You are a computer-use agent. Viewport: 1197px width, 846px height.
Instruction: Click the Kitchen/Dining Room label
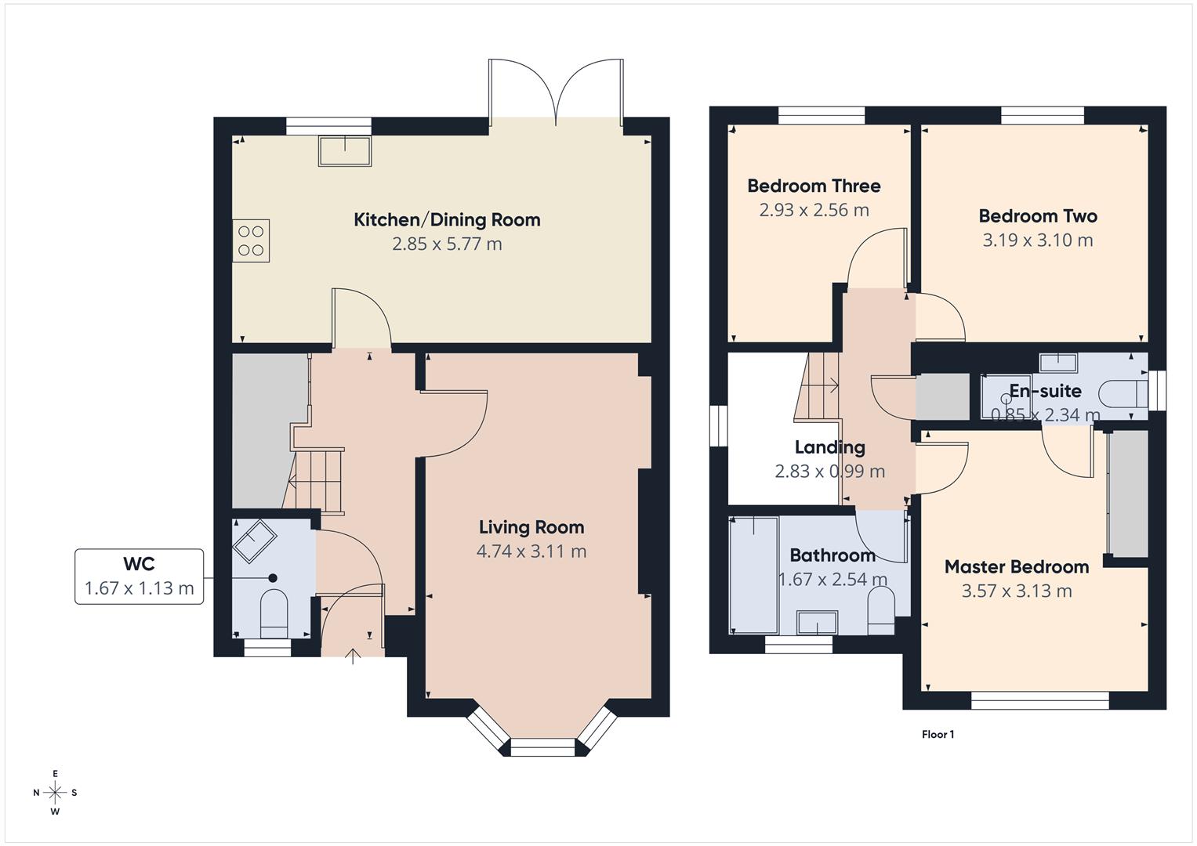coord(447,220)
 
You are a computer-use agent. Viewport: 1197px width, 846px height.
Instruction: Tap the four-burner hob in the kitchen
coord(251,240)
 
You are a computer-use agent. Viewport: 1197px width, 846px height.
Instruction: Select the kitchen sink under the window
coord(345,150)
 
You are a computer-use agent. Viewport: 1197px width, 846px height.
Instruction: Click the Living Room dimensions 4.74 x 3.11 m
coord(531,551)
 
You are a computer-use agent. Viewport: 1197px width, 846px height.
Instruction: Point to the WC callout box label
coord(139,564)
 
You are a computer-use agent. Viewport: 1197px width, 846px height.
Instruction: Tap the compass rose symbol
coord(55,793)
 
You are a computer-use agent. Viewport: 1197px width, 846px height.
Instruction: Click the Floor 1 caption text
coord(938,735)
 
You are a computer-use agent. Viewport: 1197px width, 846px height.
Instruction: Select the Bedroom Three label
coord(814,186)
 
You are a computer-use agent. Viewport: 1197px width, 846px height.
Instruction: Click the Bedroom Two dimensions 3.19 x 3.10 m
coord(1037,240)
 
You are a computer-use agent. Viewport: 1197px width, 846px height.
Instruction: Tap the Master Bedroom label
coord(1016,567)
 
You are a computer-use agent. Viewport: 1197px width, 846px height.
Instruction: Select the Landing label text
coord(829,447)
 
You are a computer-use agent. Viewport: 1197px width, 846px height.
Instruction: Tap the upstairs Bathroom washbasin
coord(817,624)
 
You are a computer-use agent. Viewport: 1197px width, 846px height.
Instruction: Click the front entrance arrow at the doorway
coord(354,656)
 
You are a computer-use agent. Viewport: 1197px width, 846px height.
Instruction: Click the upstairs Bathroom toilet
coord(882,609)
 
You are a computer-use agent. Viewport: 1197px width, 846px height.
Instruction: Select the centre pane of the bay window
coord(543,747)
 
